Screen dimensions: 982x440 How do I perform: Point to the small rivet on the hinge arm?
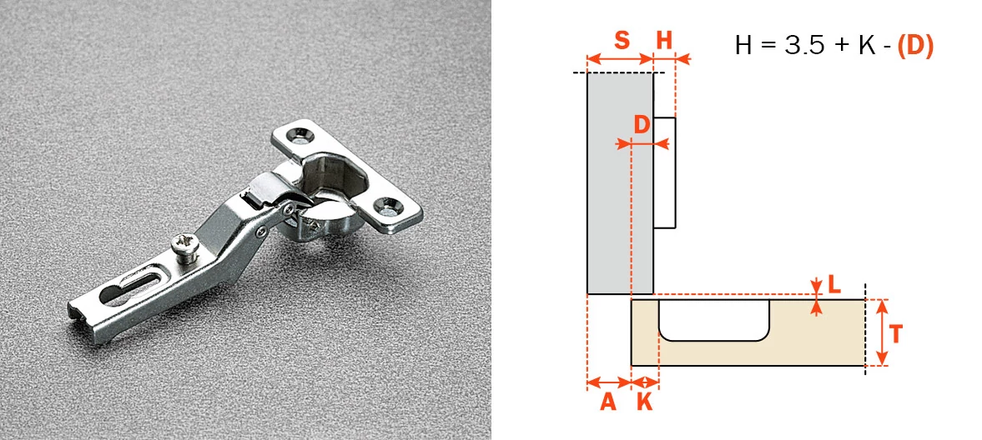point(260,232)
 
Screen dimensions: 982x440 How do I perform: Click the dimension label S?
point(622,41)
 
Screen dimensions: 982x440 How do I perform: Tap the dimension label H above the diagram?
point(664,41)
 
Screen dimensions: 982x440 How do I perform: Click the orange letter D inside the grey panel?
point(642,125)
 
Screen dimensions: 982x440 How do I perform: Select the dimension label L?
point(833,285)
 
